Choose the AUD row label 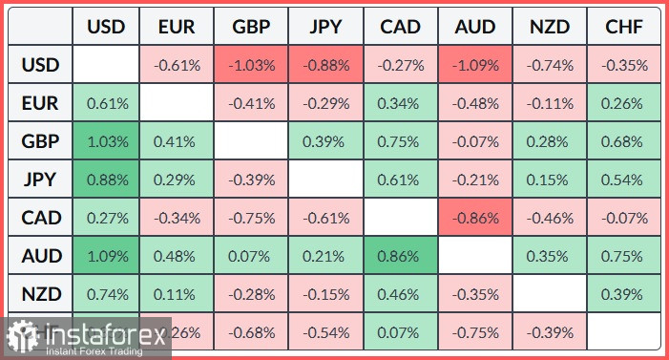pos(41,257)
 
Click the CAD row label pos(41,219)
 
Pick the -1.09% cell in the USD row pos(474,66)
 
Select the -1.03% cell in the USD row pos(251,66)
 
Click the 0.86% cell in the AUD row pos(400,257)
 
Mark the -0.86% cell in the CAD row pos(474,219)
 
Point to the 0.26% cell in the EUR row pos(624,104)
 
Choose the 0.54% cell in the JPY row pos(624,180)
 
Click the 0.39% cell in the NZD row pos(624,294)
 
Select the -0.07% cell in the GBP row pos(474,142)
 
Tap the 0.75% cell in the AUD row pos(624,257)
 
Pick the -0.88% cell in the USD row pos(325,66)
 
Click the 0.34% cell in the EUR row pos(400,104)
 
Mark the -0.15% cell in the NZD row pos(325,294)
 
